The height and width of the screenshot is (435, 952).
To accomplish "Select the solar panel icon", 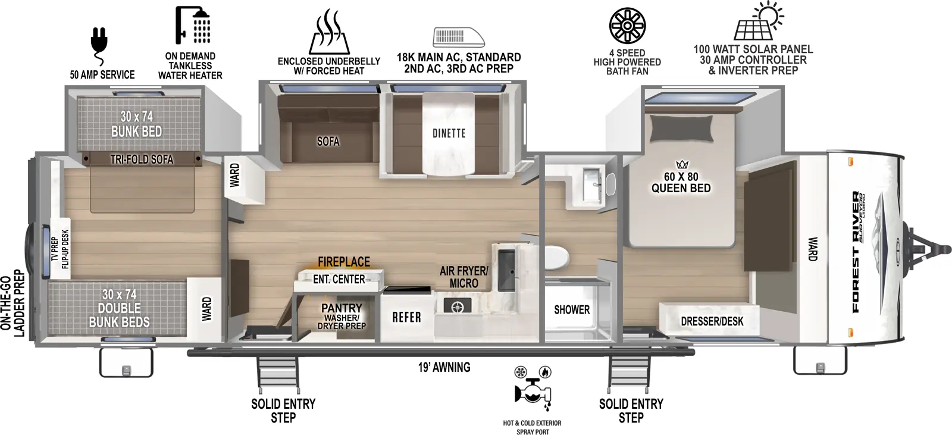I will (x=759, y=22).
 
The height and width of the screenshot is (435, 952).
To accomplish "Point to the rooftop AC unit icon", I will (x=458, y=37).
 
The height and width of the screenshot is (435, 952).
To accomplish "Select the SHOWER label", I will (x=571, y=310).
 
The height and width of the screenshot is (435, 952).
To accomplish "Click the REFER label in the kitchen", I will (x=406, y=318).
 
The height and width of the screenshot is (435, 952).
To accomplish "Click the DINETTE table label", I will (x=449, y=133).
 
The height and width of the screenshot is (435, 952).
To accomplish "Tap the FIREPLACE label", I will (x=343, y=262).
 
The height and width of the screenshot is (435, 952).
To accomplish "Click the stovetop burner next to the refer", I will (x=457, y=307).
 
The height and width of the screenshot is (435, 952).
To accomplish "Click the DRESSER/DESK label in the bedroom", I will (x=712, y=322).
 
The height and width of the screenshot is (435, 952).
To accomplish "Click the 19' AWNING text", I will (x=444, y=368).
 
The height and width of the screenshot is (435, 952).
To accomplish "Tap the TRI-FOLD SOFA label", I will (x=142, y=159).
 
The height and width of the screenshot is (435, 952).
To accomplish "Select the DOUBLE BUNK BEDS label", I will (x=119, y=308).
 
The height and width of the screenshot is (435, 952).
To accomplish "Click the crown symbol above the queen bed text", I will (x=681, y=165).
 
